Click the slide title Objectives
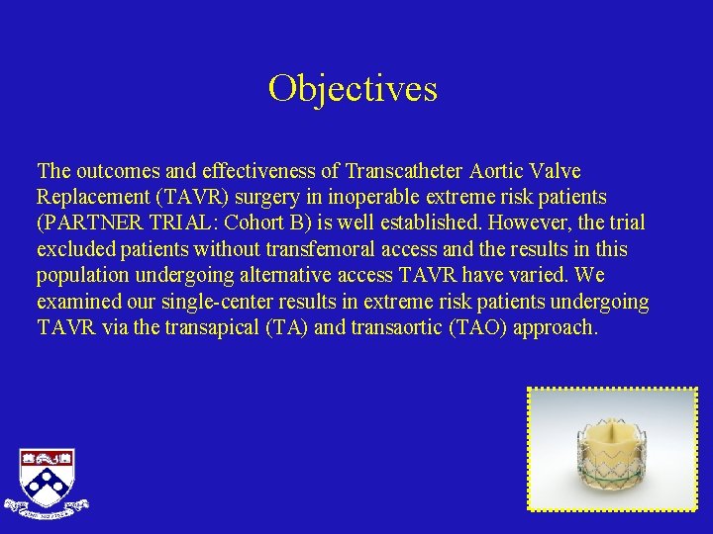pos(353,89)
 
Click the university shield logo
pos(47,481)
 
